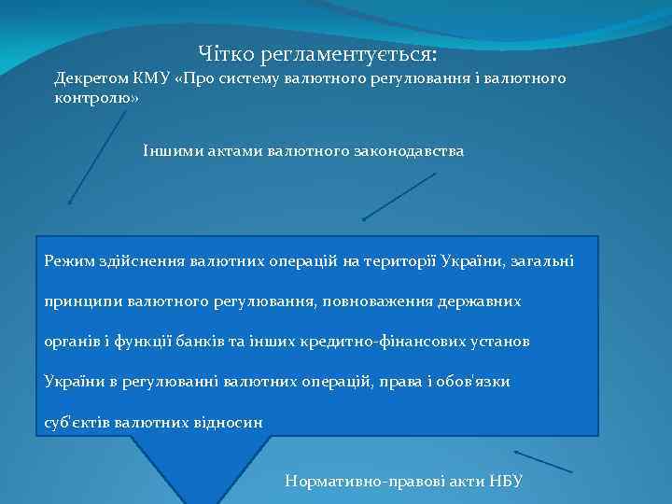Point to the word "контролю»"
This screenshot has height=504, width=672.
pyautogui.click(x=96, y=99)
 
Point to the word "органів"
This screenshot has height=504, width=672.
pyautogui.click(x=72, y=342)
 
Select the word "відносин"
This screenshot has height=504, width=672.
pyautogui.click(x=228, y=422)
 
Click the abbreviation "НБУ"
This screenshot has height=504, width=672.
pyautogui.click(x=504, y=482)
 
